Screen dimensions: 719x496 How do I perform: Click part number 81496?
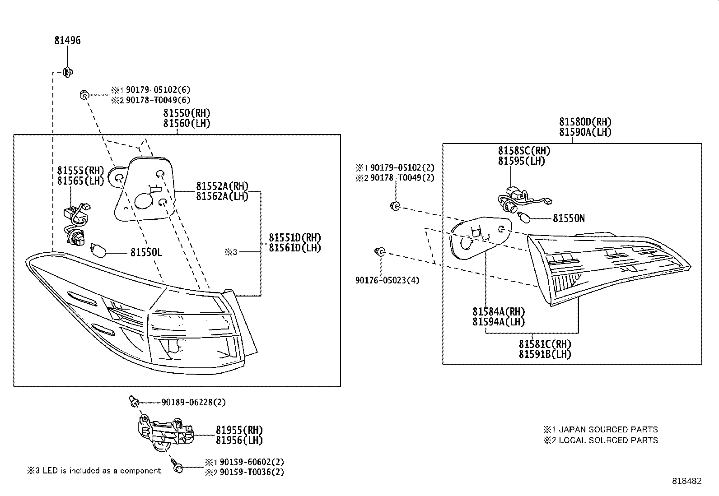pos(67,41)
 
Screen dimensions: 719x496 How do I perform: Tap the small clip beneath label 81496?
pos(67,72)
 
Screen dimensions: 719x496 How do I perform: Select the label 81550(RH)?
pos(187,113)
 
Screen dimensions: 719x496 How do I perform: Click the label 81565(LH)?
pos(80,181)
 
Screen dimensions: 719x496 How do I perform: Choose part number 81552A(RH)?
pos(222,186)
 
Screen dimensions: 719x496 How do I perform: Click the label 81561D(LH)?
pos(295,248)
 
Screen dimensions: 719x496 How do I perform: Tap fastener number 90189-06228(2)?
pos(194,402)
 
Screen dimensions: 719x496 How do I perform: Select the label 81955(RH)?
pos(239,430)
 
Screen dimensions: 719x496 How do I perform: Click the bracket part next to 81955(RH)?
pos(165,433)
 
